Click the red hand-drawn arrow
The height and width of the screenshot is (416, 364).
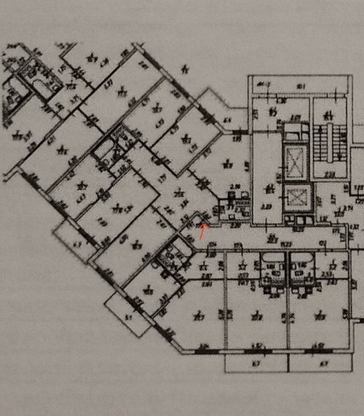pos(202,231)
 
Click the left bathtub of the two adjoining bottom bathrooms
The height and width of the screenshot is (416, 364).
pos(272,263)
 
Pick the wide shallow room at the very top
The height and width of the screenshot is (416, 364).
pos(300,85)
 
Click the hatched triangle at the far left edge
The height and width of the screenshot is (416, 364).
pos(9,106)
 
